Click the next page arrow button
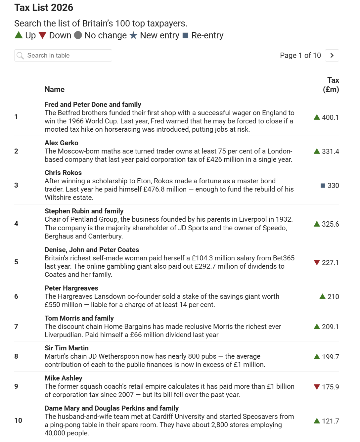pos(332,55)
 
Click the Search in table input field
pos(67,55)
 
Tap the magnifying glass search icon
pos(20,55)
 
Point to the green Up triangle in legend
pos(19,35)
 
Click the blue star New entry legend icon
pos(133,35)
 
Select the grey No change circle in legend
pos(78,35)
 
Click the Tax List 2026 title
pos(44,7)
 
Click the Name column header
pos(55,89)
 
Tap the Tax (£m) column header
pos(331,85)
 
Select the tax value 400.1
pos(330,117)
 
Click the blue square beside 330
pos(323,185)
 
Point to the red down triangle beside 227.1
pos(317,262)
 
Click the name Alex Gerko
pos(61,143)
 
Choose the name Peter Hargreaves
pos(71,288)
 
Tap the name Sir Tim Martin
pos(67,348)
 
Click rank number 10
pos(18,420)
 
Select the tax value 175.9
pos(330,387)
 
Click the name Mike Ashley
pos(63,378)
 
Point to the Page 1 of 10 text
pos(300,55)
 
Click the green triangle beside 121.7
pos(317,421)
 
